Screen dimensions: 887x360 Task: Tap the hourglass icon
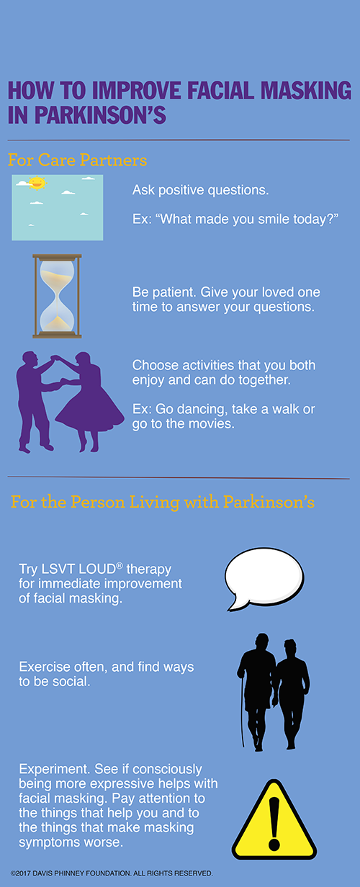click(x=57, y=296)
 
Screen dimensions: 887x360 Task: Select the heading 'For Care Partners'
click(x=77, y=158)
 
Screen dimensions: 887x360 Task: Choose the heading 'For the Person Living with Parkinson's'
click(x=162, y=502)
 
